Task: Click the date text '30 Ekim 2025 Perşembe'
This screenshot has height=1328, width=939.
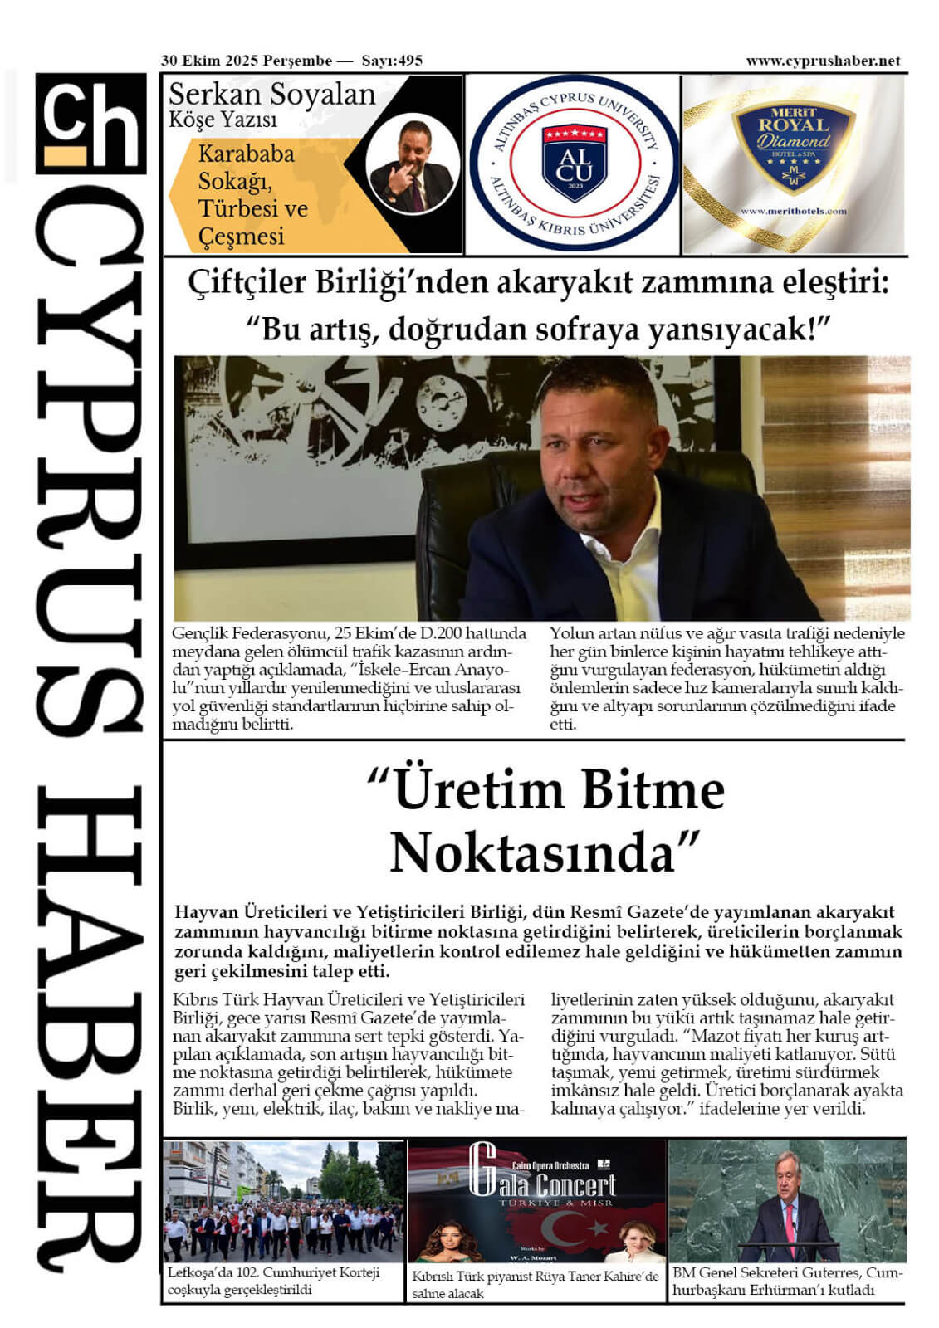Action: (247, 61)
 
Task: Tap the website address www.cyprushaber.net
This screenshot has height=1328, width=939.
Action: (823, 61)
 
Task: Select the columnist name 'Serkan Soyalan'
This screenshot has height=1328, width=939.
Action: (271, 95)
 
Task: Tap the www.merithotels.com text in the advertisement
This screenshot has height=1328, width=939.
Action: (793, 212)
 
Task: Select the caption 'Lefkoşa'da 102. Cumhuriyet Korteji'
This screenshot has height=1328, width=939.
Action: (273, 1272)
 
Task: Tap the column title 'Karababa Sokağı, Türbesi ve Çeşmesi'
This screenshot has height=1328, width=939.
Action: (252, 195)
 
